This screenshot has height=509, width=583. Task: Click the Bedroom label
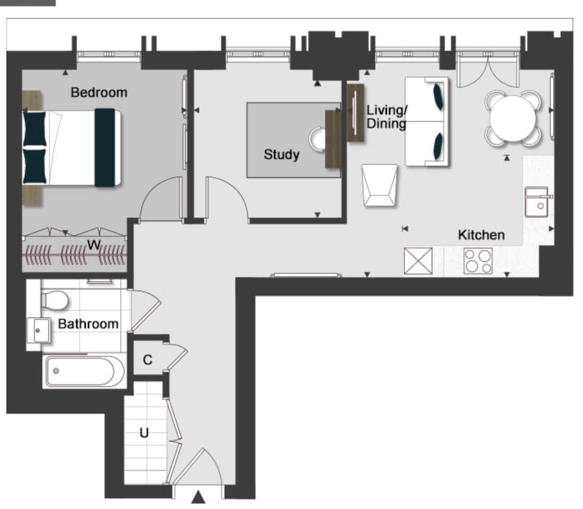[99, 92]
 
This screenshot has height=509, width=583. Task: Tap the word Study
[281, 154]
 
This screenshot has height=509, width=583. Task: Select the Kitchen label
[481, 235]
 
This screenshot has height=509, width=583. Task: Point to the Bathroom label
[88, 324]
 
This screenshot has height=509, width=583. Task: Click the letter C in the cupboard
[147, 360]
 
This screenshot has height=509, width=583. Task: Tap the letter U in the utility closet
[144, 432]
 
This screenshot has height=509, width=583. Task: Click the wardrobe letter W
[94, 244]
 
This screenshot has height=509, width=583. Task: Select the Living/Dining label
[386, 117]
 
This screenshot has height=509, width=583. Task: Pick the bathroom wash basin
[39, 330]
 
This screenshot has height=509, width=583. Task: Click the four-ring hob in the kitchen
[478, 261]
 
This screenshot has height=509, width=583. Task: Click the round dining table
[513, 119]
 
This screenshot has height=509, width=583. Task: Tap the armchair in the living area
[380, 185]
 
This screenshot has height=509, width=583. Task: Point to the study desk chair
[318, 139]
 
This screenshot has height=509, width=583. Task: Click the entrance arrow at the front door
[198, 497]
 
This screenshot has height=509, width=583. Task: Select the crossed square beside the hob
[418, 261]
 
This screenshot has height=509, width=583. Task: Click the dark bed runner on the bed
[104, 148]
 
